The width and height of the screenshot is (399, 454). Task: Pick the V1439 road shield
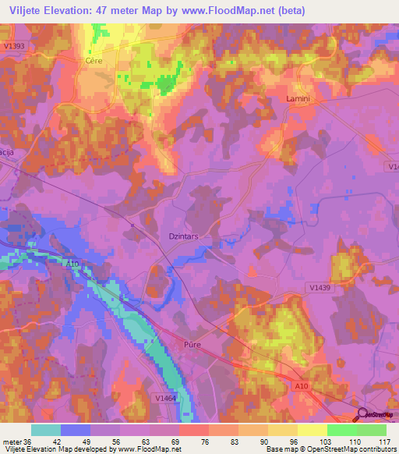tap(318, 289)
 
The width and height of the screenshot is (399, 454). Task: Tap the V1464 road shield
tap(164, 398)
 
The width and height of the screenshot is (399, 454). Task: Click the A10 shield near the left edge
tap(72, 264)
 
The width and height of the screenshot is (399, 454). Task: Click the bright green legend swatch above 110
tap(341, 430)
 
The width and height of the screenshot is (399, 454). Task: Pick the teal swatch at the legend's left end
tap(46, 430)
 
